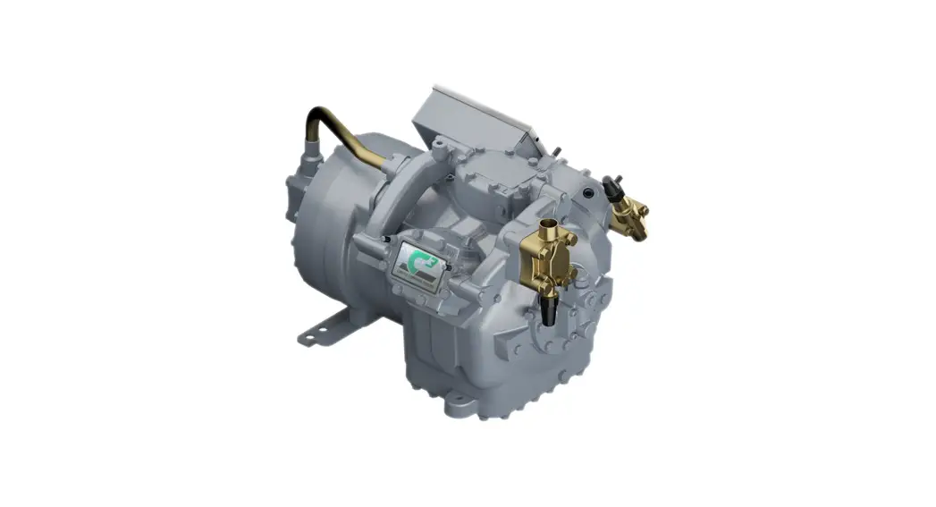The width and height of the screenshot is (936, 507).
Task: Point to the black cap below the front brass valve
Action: [x=548, y=308]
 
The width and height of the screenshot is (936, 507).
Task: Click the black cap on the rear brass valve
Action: [x=612, y=188]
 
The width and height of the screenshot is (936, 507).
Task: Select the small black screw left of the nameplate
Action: [x=385, y=241]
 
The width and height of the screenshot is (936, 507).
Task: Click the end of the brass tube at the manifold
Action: [x=390, y=161]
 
